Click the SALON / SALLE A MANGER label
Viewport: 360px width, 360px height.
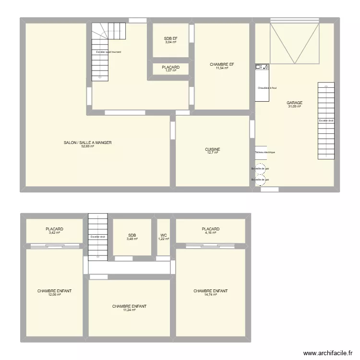tap(87, 143)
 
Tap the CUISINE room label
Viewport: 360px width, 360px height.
tap(212, 149)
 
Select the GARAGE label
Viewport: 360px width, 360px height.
tap(294, 103)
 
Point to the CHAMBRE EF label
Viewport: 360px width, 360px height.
tap(222, 64)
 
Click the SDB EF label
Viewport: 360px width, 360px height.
tap(170, 38)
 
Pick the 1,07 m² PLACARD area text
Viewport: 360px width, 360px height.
tap(170, 71)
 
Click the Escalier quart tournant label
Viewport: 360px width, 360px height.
tap(108, 52)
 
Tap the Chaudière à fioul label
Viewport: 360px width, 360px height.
tap(267, 88)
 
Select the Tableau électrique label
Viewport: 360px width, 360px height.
tap(265, 153)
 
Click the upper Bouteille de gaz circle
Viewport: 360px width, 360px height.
tap(260, 168)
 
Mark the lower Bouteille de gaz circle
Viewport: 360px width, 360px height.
tap(260, 180)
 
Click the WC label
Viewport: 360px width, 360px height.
tap(164, 235)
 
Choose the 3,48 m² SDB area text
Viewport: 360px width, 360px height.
tap(132, 239)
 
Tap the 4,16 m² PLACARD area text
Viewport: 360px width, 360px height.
tap(211, 233)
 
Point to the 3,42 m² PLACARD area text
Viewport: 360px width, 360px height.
tap(54, 233)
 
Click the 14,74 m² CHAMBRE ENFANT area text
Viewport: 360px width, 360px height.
tap(210, 295)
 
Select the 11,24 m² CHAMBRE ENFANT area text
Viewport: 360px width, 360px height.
tap(129, 310)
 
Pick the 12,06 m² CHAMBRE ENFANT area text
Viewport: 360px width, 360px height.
tap(54, 295)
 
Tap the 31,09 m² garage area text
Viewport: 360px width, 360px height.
tap(294, 106)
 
